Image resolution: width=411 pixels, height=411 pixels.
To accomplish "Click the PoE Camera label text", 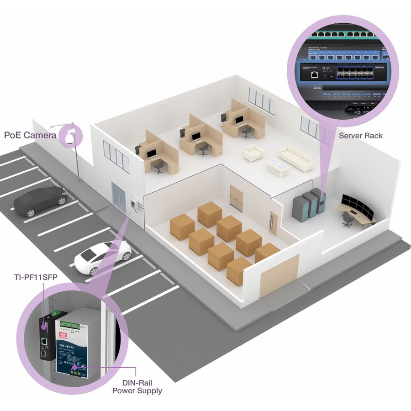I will pyautogui.click(x=31, y=135).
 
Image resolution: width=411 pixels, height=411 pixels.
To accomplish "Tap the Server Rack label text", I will pyautogui.click(x=361, y=135).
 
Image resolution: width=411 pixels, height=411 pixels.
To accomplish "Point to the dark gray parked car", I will pyautogui.click(x=40, y=201).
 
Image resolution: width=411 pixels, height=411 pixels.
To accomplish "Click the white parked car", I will pyautogui.click(x=103, y=257).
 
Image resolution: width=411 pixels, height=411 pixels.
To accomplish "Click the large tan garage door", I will pyautogui.click(x=279, y=275).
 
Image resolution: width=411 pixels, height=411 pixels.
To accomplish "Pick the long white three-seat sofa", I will pyautogui.click(x=296, y=158).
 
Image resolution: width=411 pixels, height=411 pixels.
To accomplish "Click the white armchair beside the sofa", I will pyautogui.click(x=253, y=153).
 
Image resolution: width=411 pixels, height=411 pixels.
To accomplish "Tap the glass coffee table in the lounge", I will pyautogui.click(x=277, y=167).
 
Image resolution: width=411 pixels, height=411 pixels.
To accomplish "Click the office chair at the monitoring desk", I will pyautogui.click(x=348, y=220).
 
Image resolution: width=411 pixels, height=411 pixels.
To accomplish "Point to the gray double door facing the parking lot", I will pyautogui.click(x=120, y=197).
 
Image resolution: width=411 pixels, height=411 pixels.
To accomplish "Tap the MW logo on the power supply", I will pyautogui.click(x=64, y=337).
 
